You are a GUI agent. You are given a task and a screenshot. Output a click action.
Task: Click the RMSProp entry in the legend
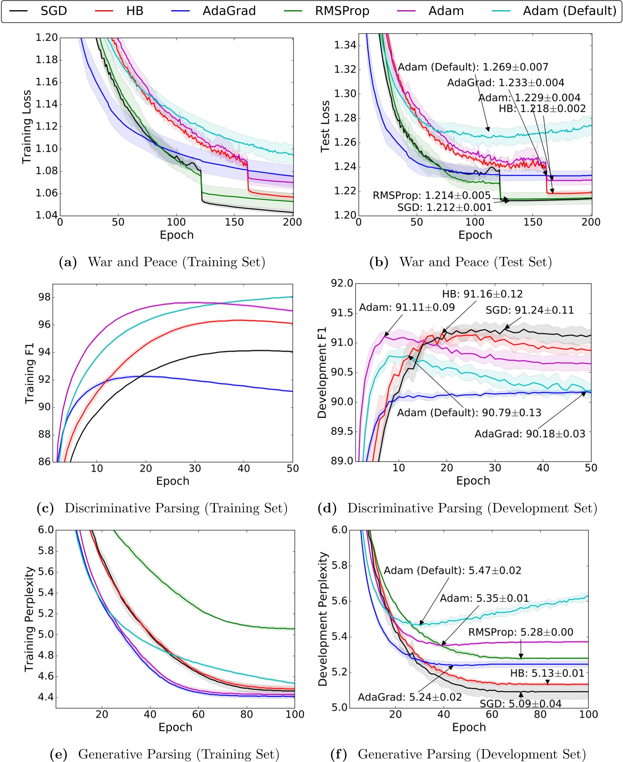click(342, 11)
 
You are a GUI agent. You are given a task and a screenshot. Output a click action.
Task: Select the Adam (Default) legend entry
click(569, 11)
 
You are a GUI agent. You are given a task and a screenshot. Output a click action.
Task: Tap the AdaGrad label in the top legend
click(229, 11)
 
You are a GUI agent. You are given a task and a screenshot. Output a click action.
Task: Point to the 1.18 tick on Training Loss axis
click(46, 60)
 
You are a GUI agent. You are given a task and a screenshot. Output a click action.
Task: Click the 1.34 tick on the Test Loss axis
click(345, 45)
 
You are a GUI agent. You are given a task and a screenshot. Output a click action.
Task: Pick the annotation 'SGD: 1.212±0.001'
click(444, 207)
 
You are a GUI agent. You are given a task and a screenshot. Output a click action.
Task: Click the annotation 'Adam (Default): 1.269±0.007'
click(473, 67)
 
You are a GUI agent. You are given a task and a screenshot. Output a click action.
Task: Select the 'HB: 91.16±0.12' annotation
click(482, 294)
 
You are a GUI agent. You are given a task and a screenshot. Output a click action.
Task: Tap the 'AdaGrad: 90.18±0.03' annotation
click(530, 434)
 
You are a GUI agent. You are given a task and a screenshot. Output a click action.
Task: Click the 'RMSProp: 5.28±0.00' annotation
click(520, 632)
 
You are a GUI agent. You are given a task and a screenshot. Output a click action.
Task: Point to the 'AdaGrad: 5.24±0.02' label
click(410, 697)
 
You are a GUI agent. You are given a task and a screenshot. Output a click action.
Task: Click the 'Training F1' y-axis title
click(30, 373)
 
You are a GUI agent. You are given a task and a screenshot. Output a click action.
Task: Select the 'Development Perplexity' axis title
click(323, 619)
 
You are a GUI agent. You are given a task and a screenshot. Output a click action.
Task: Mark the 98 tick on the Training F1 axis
click(44, 297)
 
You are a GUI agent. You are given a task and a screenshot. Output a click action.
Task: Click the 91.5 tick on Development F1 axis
click(342, 313)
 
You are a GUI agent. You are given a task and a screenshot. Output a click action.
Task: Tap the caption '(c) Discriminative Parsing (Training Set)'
click(162, 508)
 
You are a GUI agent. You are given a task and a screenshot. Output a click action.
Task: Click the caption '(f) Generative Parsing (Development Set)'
click(458, 754)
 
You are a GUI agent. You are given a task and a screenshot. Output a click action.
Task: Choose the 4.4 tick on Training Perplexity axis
click(46, 697)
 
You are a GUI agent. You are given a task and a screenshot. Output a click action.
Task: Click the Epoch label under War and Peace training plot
click(176, 235)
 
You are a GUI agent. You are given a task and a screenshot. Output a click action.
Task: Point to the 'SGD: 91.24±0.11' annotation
click(530, 310)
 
